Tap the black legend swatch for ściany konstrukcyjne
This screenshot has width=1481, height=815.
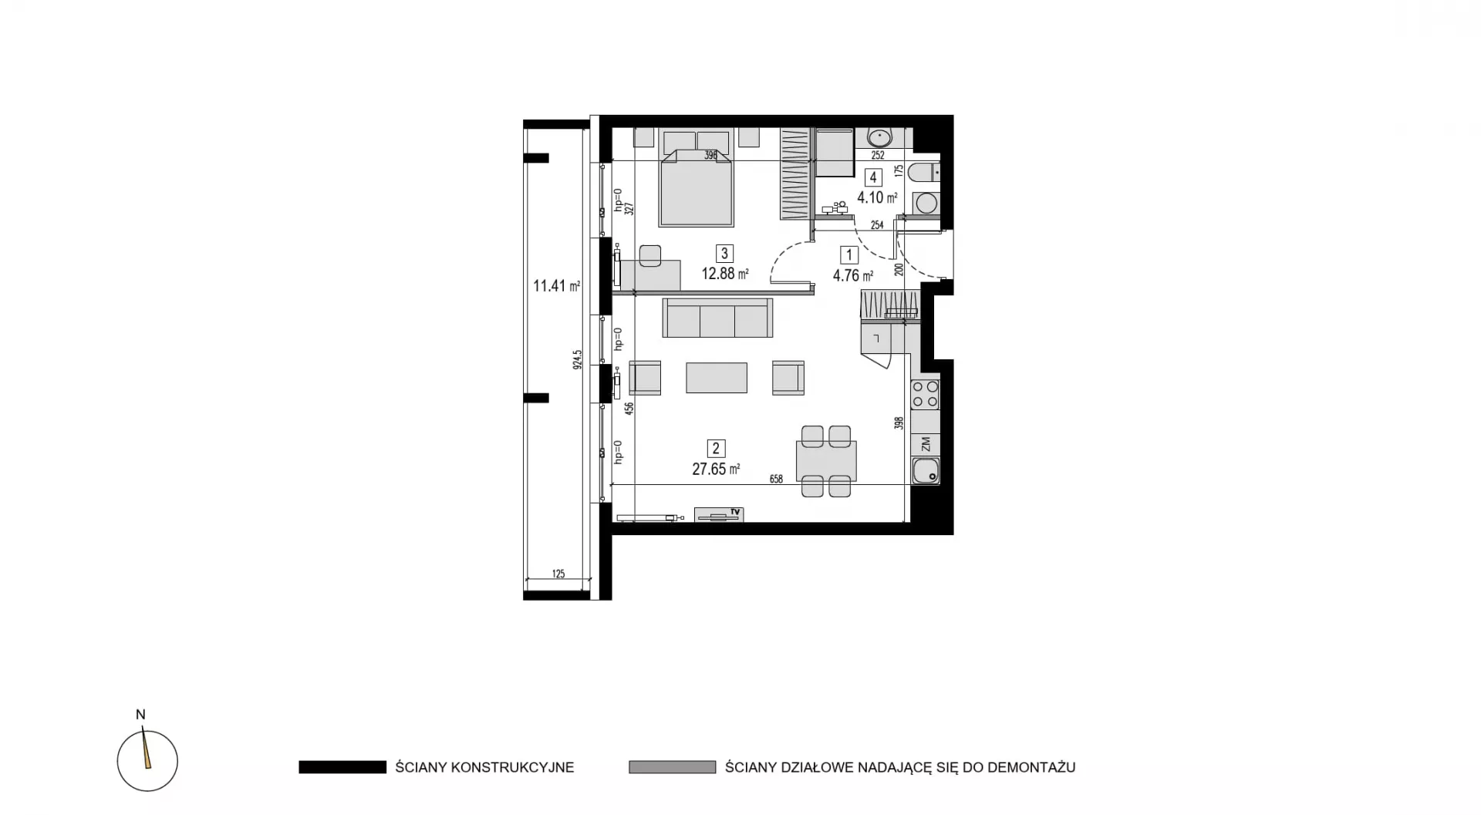(x=342, y=767)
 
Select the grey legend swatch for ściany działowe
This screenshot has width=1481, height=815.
(x=673, y=767)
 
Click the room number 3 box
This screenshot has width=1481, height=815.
(x=724, y=253)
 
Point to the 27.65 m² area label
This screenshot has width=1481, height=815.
(x=716, y=469)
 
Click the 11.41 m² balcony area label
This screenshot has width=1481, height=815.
(x=556, y=286)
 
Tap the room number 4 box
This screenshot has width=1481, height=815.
(x=873, y=177)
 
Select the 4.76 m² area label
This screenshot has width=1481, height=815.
(x=852, y=275)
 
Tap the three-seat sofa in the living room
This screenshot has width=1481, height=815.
(x=717, y=318)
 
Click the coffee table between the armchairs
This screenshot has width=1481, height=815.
(x=717, y=378)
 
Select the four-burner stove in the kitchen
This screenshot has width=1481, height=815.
(x=926, y=395)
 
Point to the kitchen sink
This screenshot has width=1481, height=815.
(x=926, y=470)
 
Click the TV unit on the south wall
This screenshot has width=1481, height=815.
(x=719, y=514)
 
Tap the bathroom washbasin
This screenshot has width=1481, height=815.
(x=879, y=138)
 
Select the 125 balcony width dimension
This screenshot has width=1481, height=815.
(x=558, y=574)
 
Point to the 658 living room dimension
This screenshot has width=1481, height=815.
(x=776, y=479)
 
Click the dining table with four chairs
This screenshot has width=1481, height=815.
(x=826, y=461)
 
